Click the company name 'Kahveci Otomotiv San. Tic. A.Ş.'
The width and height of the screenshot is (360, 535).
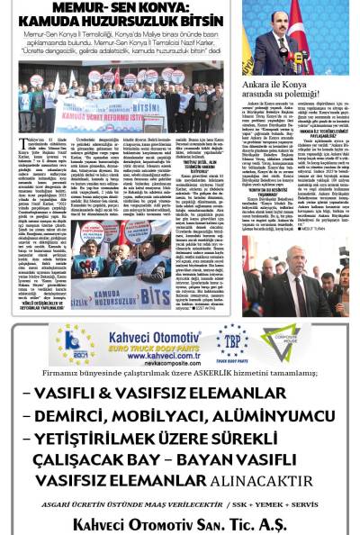[x=179, y=524]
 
